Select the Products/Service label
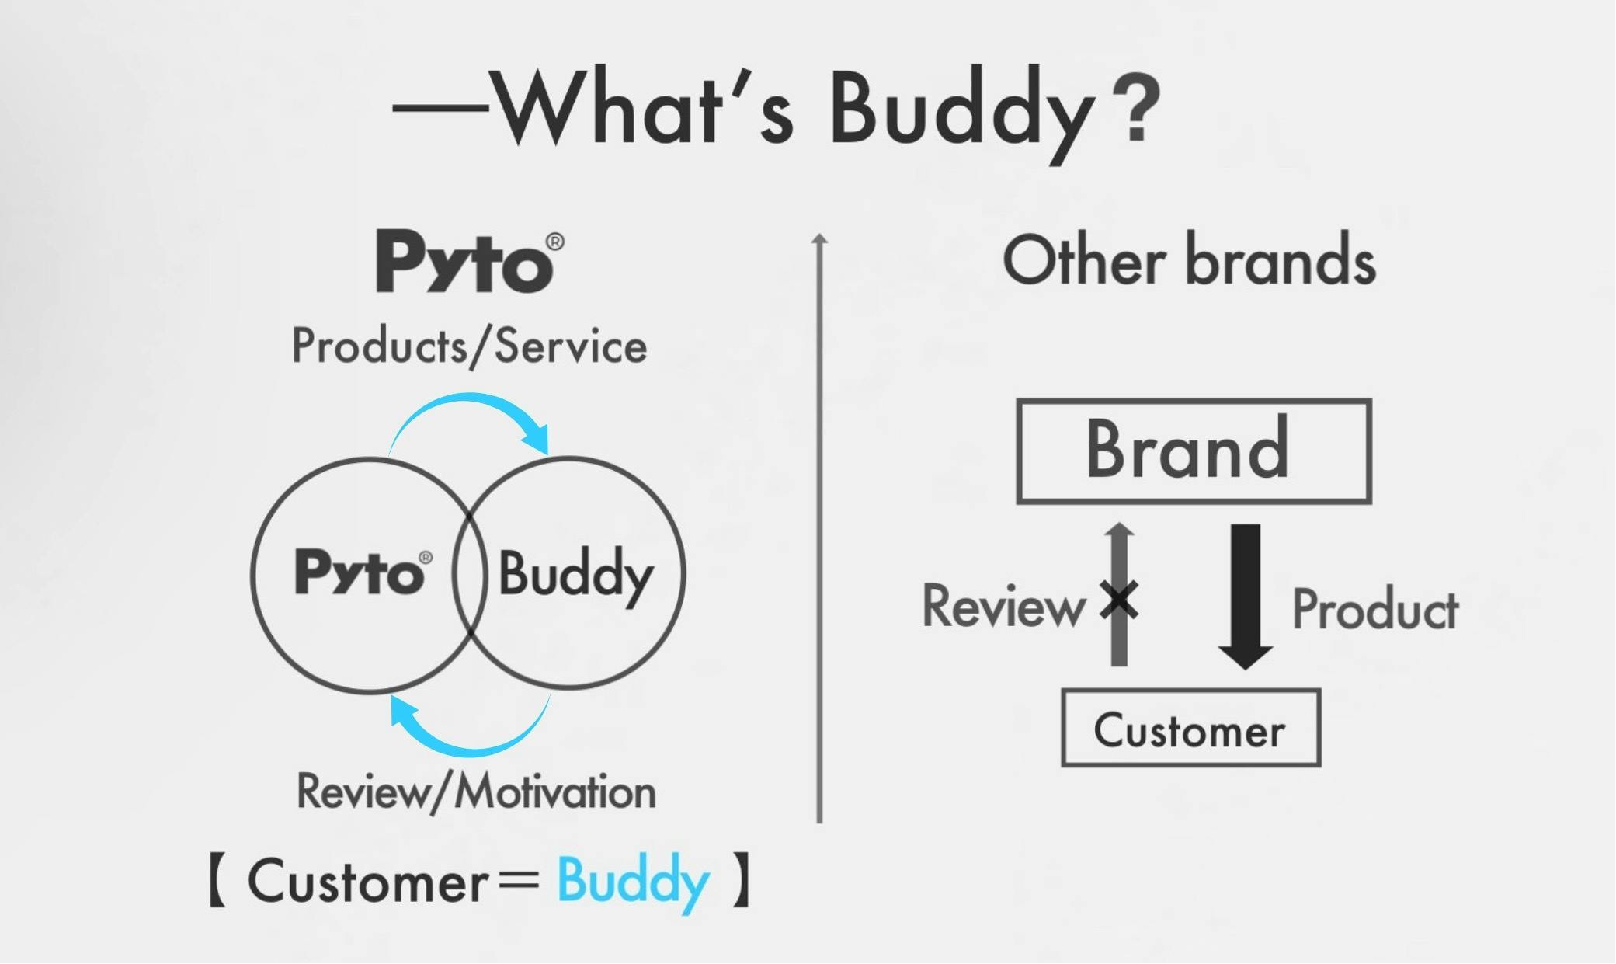click(469, 346)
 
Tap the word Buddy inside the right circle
click(575, 575)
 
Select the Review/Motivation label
click(476, 792)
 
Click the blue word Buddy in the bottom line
click(634, 882)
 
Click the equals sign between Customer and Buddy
click(519, 881)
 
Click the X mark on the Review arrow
click(1119, 600)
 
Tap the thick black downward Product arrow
click(1246, 597)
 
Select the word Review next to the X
click(1004, 606)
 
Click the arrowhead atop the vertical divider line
click(820, 239)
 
